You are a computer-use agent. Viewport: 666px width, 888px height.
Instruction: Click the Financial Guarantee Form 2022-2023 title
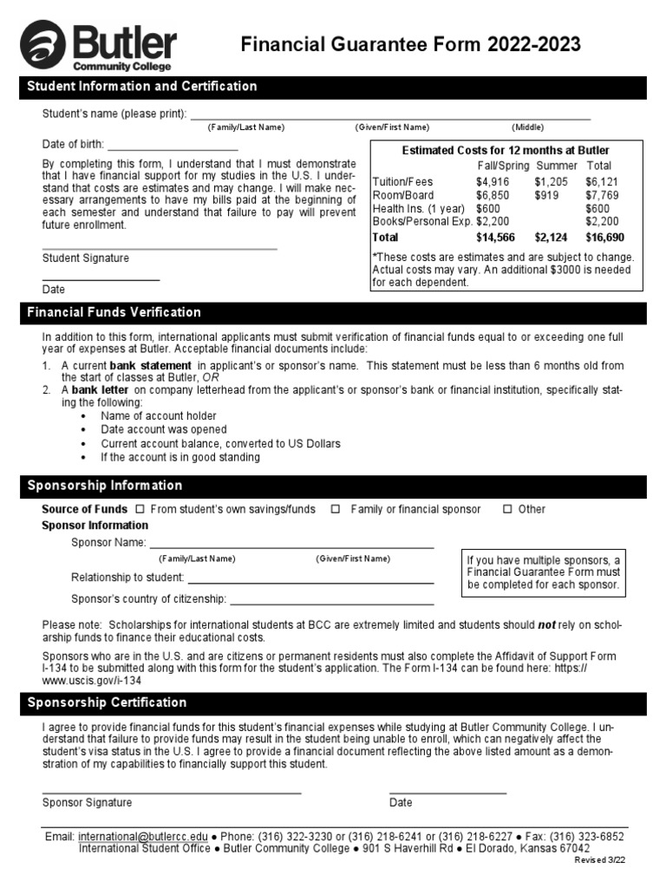[x=410, y=45]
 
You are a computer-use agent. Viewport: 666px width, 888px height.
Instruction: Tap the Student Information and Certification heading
[x=142, y=87]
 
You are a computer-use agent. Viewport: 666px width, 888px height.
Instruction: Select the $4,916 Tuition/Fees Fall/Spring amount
[x=493, y=181]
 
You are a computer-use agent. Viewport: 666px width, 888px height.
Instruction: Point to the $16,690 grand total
[x=603, y=237]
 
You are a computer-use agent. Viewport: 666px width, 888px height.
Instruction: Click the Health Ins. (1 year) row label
[x=419, y=209]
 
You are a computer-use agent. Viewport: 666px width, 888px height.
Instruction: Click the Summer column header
[x=556, y=166]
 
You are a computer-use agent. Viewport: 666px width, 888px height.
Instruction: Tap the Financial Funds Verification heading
[x=114, y=312]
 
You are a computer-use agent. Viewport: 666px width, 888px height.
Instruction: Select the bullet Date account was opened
[x=164, y=429]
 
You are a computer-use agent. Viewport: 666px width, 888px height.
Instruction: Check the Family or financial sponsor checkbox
[x=336, y=509]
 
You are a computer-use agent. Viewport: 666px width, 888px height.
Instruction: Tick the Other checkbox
[x=507, y=509]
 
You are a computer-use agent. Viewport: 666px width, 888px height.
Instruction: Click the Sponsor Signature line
[x=172, y=792]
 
